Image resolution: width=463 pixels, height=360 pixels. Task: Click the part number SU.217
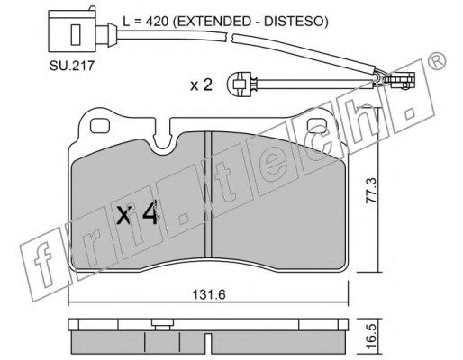tap(72, 66)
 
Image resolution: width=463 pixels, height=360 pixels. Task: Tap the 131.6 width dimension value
tap(209, 295)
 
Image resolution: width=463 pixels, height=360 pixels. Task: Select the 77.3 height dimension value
tap(371, 191)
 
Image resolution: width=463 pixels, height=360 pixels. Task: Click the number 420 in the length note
tap(157, 22)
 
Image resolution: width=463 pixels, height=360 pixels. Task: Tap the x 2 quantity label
tap(202, 85)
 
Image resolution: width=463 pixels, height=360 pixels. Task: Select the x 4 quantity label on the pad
tap(137, 213)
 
